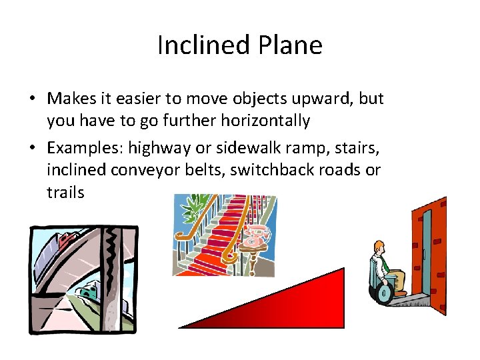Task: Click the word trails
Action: coord(65,193)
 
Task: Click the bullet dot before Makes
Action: coord(32,99)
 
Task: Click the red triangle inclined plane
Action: coord(300,307)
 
